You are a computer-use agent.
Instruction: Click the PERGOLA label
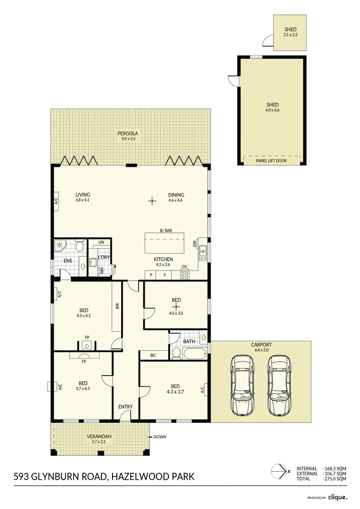pos(127,134)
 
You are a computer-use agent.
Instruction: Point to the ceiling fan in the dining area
pos(152,201)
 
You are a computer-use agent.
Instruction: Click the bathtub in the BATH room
pos(194,354)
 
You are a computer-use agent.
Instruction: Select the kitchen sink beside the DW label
pos(203,253)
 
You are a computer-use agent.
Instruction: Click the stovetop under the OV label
pos(185,274)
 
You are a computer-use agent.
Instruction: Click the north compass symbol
pos(279,471)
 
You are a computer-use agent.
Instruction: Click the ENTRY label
pos(125,407)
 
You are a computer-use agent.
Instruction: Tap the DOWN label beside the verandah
pos(160,437)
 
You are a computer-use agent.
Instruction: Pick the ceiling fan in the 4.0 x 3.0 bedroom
pos(176,307)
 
